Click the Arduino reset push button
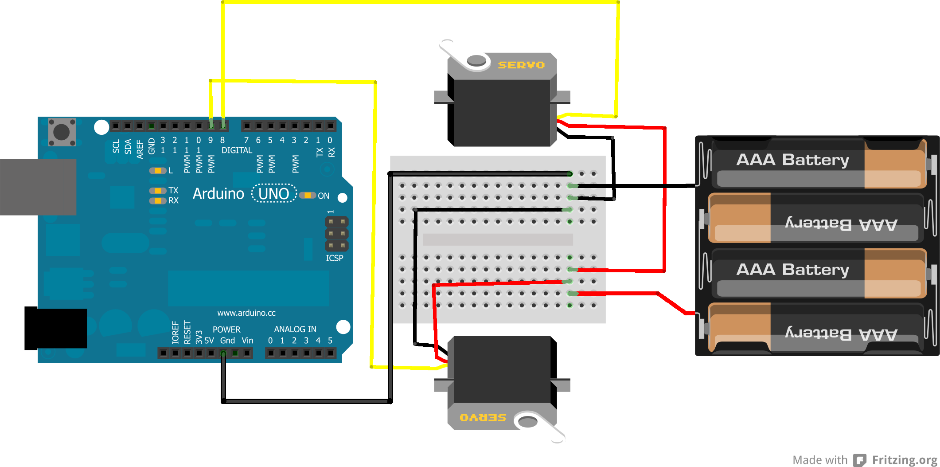[62, 132]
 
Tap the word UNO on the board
[273, 194]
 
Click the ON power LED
[307, 196]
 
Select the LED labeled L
[158, 171]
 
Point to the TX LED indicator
[158, 191]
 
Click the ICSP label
[335, 258]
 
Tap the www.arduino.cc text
[246, 313]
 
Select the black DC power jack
[55, 328]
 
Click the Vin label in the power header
[247, 341]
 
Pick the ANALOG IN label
[295, 329]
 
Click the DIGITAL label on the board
[237, 150]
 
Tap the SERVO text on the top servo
[521, 65]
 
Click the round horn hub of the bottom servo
[528, 421]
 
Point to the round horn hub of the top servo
[476, 60]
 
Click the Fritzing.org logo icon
[860, 460]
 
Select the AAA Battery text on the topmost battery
[792, 160]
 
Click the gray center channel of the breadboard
[497, 239]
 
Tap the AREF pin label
[140, 149]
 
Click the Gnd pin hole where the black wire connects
[223, 353]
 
